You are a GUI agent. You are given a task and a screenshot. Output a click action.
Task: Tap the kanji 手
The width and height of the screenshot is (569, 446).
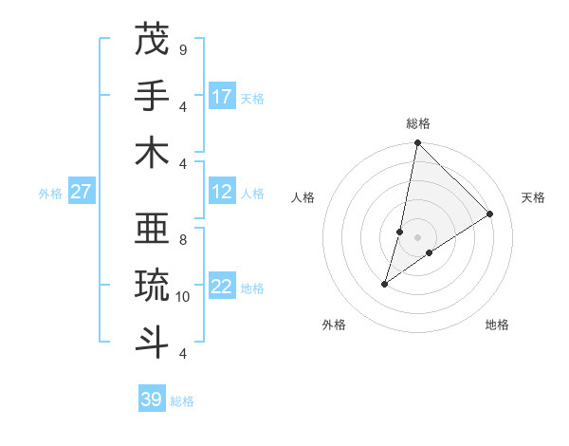[x=152, y=96]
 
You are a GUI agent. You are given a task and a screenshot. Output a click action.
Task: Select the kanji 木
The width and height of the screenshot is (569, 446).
[x=152, y=152]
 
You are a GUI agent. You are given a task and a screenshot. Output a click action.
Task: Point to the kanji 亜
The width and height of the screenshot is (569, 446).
[x=152, y=229]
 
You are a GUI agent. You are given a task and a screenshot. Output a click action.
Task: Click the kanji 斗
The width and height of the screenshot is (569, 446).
[x=152, y=341]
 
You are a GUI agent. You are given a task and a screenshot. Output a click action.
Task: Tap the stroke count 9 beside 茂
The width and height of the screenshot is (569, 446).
[x=182, y=49]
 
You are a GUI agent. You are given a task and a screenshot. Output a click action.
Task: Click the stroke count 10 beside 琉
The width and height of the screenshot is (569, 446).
[x=183, y=297]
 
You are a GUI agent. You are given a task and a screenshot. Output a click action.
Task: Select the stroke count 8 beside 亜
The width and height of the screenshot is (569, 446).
[x=182, y=240]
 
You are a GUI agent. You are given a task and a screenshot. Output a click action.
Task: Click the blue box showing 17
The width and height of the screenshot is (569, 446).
[x=222, y=97]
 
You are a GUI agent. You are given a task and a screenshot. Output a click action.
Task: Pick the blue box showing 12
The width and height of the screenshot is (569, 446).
[x=222, y=193]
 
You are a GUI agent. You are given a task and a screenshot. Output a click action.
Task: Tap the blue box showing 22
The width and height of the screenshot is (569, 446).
[x=222, y=288]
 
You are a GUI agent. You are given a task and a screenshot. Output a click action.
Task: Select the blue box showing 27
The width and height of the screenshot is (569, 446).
[x=82, y=193]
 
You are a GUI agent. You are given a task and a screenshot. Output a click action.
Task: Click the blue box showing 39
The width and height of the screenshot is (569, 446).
[x=152, y=400]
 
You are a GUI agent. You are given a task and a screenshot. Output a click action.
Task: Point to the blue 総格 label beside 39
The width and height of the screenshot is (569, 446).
[x=182, y=401]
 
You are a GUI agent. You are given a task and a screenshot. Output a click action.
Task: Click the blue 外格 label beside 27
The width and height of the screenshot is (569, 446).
[x=50, y=194]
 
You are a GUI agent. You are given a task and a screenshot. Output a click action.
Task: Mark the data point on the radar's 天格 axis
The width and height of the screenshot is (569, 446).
[x=490, y=214]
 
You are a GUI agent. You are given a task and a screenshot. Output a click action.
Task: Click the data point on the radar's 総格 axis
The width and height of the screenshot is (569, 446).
[x=417, y=143]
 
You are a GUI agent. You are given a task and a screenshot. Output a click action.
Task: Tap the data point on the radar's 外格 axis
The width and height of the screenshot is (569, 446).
[x=384, y=284]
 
